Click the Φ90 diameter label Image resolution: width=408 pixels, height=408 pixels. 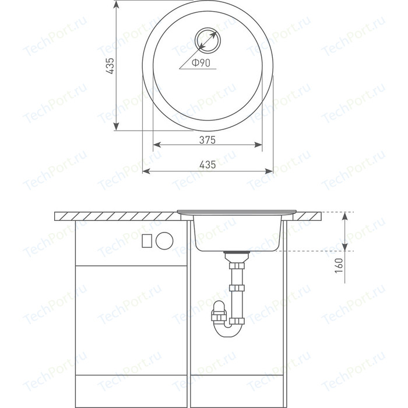click(201, 63)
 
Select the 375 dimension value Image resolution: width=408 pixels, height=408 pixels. click(207, 140)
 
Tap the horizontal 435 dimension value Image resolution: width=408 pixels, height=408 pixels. click(207, 164)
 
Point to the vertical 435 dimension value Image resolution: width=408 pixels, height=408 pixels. click(110, 66)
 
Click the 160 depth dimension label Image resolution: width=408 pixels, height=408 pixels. click(339, 265)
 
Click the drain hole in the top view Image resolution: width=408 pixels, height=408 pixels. click(207, 40)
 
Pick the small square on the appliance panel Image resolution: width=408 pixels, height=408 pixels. click(147, 241)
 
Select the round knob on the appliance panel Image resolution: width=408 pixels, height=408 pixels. click(164, 241)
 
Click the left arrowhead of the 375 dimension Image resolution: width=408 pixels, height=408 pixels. click(157, 145)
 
